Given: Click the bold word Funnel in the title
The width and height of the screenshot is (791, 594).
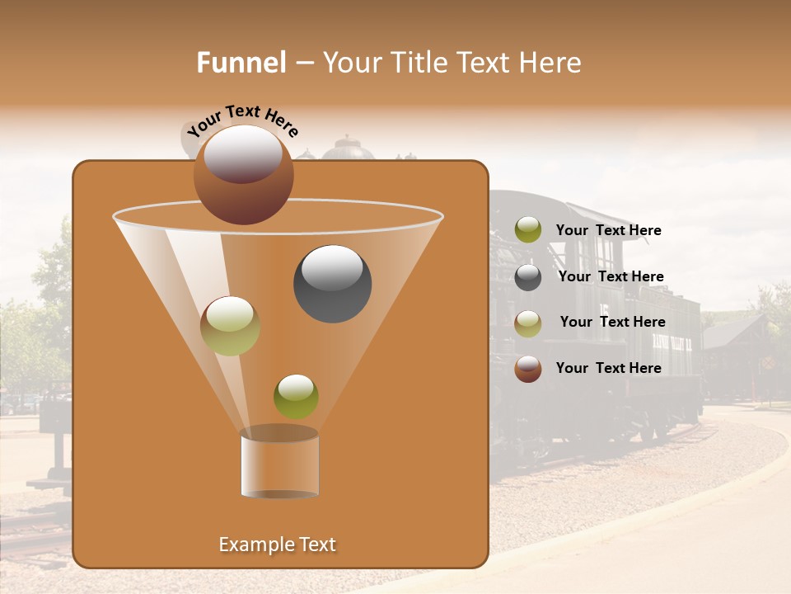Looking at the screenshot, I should (241, 63).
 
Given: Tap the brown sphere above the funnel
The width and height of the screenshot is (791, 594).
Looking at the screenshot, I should (243, 175).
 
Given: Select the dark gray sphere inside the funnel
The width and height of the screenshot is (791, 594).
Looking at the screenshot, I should (332, 284).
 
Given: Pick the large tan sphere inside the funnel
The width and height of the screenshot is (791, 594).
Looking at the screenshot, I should (230, 326).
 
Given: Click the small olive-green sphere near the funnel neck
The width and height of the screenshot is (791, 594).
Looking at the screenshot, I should (296, 397).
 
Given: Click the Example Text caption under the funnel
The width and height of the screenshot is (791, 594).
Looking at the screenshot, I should (277, 544).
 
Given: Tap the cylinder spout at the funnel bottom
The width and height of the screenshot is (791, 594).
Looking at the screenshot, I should (279, 464).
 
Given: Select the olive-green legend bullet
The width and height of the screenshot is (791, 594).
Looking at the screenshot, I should (528, 230).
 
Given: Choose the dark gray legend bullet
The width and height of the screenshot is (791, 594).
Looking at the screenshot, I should (528, 277).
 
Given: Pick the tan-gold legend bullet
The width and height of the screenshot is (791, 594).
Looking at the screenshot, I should (528, 323).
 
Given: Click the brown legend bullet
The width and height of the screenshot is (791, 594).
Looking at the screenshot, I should (528, 369).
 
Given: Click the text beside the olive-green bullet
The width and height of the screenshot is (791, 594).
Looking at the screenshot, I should (608, 230).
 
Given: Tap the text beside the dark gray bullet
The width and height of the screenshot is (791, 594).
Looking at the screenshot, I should (611, 276).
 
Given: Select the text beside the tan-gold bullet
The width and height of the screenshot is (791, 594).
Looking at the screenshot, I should (612, 322).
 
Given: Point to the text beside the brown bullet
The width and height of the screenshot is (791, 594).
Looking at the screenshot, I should (608, 368).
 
